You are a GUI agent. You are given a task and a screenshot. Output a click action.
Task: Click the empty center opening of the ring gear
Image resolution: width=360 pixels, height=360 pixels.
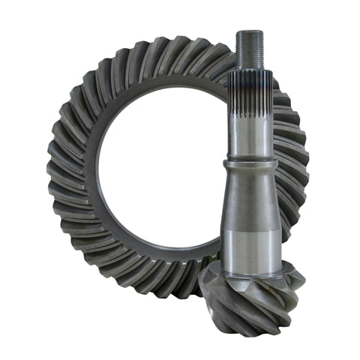click(x=161, y=180)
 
